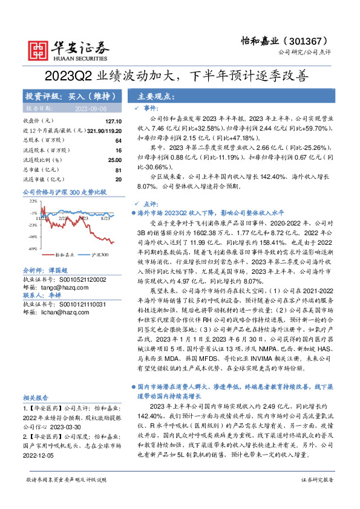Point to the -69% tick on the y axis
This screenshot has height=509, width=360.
pos(33,248)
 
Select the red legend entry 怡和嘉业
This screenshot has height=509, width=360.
pos(64,255)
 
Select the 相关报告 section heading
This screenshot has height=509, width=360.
pos(36,397)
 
